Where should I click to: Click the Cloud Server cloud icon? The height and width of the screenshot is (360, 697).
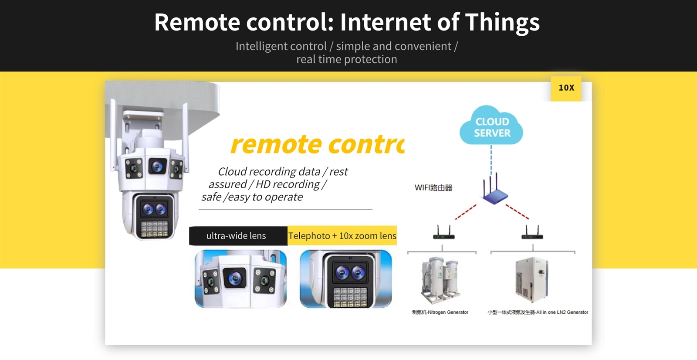(491, 126)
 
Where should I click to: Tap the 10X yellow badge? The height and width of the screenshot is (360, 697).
(566, 88)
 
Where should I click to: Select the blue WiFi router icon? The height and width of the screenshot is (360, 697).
(494, 190)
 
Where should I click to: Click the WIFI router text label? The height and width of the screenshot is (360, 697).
(433, 188)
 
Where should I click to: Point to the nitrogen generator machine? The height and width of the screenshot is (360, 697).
(440, 279)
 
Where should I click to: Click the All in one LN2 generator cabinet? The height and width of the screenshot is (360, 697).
(531, 279)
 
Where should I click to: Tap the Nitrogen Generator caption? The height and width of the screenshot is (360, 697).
(440, 312)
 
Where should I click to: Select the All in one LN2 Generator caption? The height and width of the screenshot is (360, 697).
(538, 312)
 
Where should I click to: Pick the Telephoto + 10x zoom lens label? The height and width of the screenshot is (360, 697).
(342, 236)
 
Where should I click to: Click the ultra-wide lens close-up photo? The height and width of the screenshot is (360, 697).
(240, 279)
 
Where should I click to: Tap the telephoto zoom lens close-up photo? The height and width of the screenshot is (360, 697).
(345, 279)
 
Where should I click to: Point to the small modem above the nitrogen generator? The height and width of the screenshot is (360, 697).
(443, 234)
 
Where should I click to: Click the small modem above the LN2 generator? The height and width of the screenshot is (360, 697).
(532, 234)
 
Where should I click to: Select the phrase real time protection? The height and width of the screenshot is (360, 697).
(347, 59)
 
